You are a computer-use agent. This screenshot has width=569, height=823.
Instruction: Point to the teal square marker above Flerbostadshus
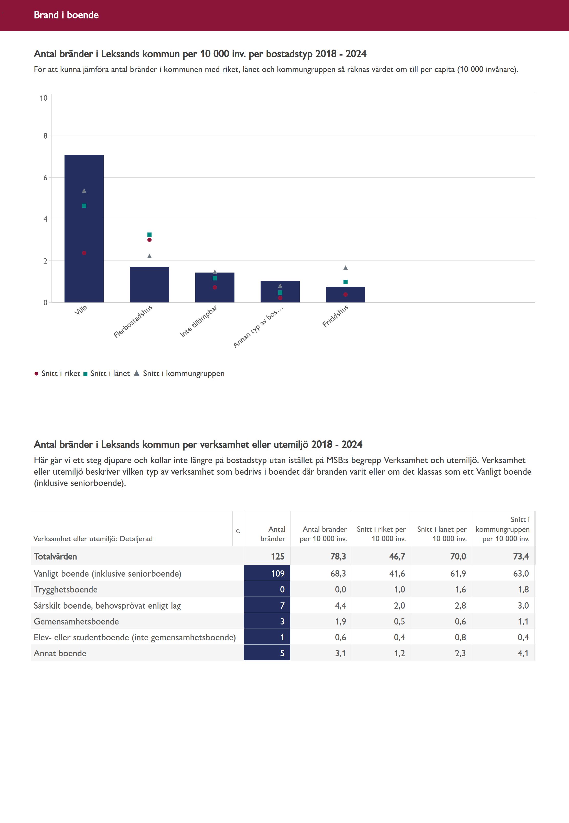pos(149,234)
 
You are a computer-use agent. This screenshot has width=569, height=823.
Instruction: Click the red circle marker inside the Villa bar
pos(84,253)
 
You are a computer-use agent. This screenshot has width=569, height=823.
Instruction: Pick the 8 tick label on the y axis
pos(45,136)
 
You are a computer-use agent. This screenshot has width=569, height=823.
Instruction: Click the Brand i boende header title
pos(66,15)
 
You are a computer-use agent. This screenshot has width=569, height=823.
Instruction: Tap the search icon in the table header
pos(238,531)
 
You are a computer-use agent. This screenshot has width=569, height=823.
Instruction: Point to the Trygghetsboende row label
pos(66,589)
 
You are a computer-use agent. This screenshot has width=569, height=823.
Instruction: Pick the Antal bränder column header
pos(273,534)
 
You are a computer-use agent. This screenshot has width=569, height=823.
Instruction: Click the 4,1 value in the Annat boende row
pos(523,653)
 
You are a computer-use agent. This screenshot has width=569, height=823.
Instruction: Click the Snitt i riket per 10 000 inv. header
pos(381,534)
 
